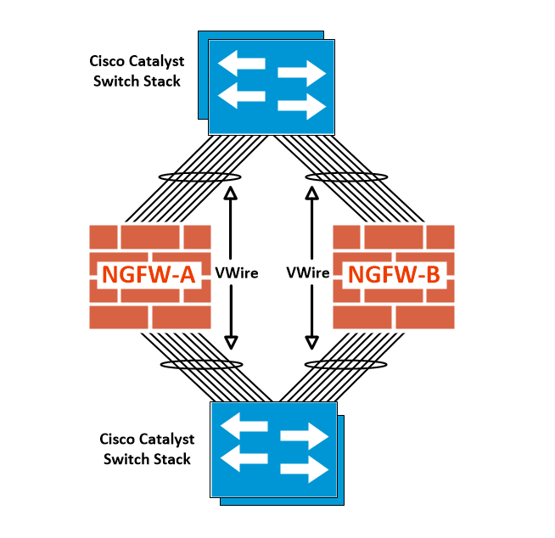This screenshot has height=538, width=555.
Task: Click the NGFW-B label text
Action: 393,275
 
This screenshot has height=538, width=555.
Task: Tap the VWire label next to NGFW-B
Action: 308,273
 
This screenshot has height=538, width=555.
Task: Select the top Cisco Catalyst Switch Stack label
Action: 136,71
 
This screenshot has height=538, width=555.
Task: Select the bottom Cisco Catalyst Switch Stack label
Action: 147,449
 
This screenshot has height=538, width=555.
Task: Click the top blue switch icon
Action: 272,85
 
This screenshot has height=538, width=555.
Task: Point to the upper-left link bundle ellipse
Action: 200,177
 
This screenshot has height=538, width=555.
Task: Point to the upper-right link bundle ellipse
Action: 346,177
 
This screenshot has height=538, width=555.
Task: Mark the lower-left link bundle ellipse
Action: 202,364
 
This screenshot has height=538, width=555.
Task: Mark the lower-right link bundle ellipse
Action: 345,364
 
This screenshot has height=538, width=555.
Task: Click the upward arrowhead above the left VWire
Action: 229,193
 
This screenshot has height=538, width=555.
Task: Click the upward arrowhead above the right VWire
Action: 312,193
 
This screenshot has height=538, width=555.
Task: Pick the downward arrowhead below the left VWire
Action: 229,342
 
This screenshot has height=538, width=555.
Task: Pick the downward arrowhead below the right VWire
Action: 312,342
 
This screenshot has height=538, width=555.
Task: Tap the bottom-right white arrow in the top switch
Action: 302,107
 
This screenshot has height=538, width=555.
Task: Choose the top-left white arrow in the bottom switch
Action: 242,428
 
